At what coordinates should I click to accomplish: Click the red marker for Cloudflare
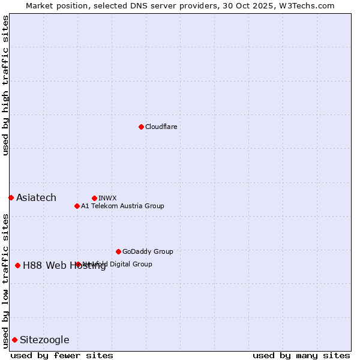141,127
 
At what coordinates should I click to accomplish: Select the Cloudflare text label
161,127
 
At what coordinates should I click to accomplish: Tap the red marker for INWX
94,198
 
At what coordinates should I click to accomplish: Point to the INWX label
108,198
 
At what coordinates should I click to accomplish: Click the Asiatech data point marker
11,197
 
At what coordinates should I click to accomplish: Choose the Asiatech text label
36,198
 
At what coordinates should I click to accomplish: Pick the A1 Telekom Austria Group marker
77,206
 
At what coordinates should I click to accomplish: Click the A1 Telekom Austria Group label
123,206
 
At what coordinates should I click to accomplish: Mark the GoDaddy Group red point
118,251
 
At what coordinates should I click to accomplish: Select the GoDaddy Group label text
148,251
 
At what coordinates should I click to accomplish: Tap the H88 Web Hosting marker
17,265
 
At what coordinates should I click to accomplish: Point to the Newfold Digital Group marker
78,264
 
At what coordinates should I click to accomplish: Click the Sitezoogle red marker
14,340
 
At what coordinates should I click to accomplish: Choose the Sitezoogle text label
44,340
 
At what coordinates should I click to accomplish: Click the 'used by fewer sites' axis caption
62,355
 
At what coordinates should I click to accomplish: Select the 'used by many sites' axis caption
301,355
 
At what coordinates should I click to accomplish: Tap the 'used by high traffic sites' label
5,85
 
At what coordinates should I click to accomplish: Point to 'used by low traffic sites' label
5,281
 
